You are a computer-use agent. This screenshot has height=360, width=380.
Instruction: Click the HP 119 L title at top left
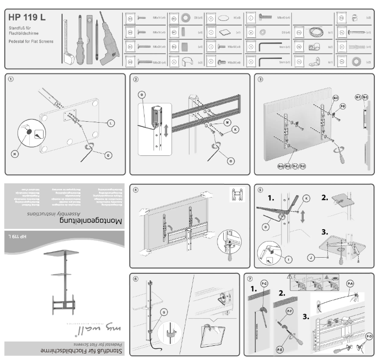click(27, 18)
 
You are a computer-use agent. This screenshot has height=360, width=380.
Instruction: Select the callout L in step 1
click(110, 123)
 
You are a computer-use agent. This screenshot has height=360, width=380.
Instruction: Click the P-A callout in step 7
click(351, 283)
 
